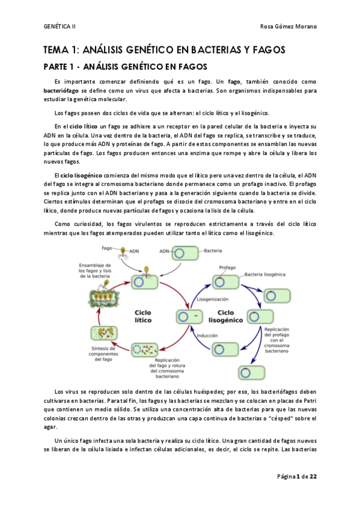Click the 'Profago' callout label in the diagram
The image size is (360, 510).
coord(227,267)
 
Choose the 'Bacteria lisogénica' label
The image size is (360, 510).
coord(268,274)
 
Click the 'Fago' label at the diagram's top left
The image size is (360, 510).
coord(106,247)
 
